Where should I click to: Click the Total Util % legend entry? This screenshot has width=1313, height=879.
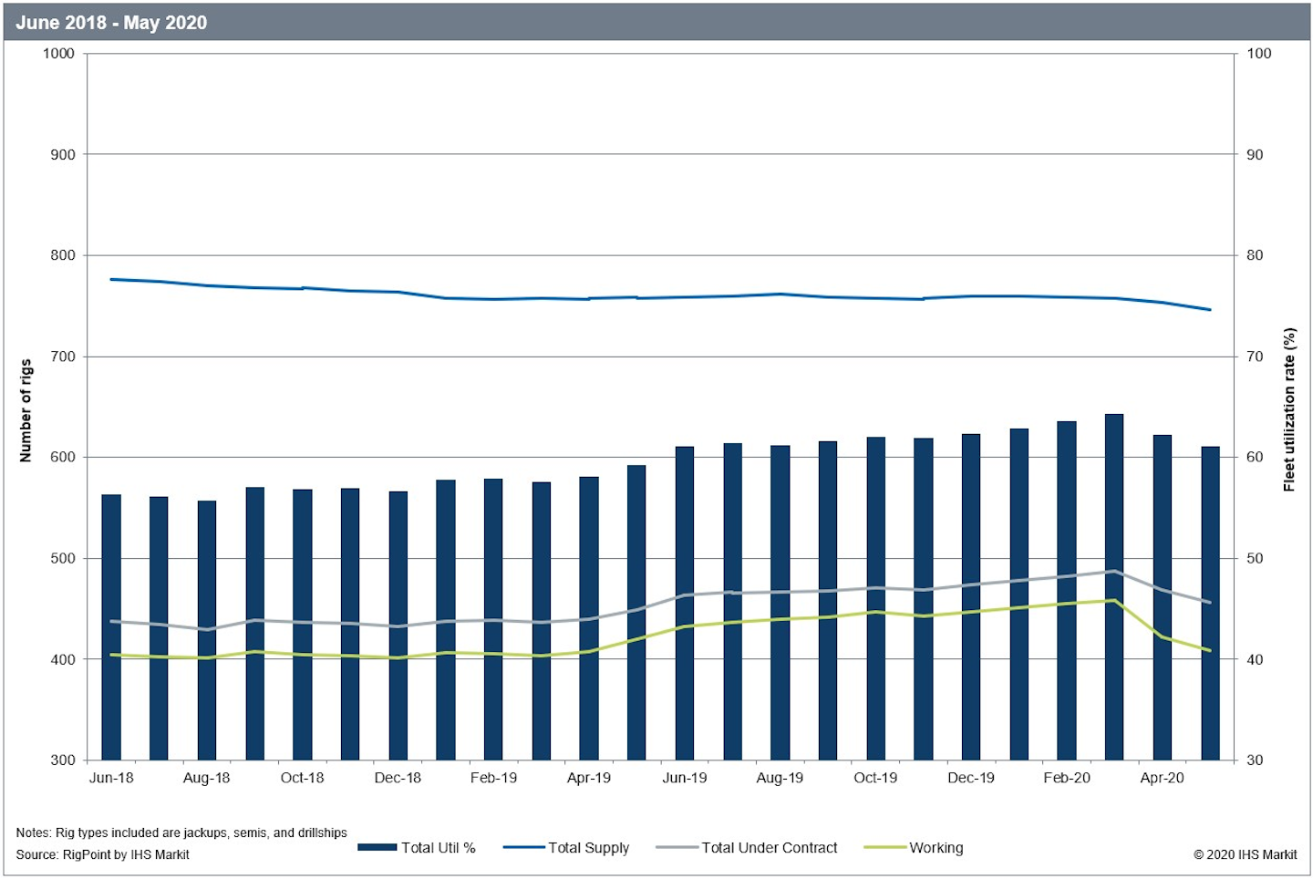[x=418, y=848]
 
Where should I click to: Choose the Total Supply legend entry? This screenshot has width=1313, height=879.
[x=567, y=848]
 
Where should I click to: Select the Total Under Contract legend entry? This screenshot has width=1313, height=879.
[x=747, y=848]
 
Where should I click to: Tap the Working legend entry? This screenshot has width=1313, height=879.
[x=915, y=848]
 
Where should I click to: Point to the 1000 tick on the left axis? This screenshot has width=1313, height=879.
[x=59, y=54]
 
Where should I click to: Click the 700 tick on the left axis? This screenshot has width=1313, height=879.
[x=63, y=357]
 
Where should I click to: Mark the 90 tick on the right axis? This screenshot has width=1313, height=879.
[x=1256, y=155]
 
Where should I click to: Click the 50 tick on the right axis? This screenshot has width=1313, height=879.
[x=1256, y=558]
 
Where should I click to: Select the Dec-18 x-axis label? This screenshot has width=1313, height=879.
[x=398, y=778]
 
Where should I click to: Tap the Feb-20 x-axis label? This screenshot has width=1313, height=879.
[x=1067, y=778]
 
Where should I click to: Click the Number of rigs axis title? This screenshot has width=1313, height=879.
[x=26, y=410]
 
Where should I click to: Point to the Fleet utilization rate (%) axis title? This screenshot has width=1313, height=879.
[x=1289, y=410]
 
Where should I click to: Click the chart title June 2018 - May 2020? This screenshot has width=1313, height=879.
[x=111, y=23]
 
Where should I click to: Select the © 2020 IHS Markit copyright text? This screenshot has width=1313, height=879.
[x=1246, y=854]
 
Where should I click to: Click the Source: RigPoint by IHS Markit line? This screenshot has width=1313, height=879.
[x=103, y=854]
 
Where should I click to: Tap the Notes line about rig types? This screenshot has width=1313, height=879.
[x=181, y=832]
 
